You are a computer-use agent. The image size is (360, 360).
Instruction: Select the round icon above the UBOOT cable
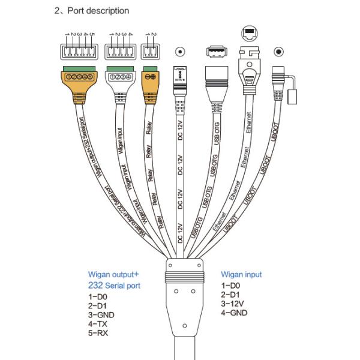coord(278,53)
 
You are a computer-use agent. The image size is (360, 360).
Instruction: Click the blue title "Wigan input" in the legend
coord(241,275)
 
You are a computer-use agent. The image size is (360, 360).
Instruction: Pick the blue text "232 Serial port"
coord(114,286)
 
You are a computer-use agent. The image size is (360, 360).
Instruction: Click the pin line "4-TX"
coord(99,323)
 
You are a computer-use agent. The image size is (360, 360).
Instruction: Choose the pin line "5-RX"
coord(99,332)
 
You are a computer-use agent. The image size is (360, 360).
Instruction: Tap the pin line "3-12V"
coord(233,304)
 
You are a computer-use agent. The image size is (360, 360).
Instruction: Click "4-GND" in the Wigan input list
coord(234,313)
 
